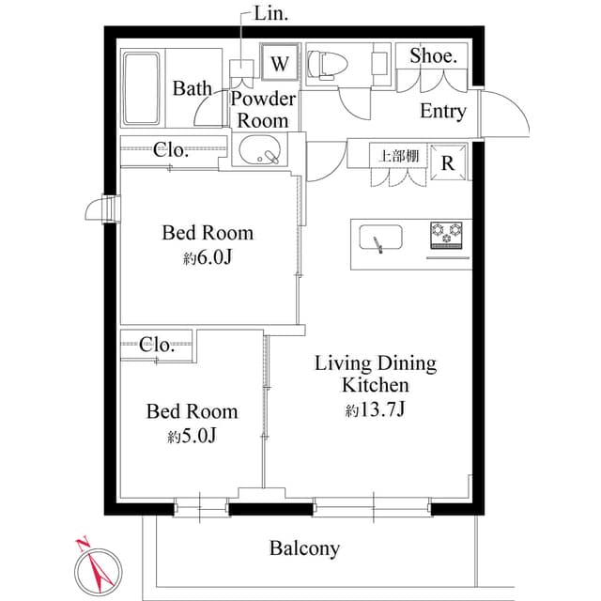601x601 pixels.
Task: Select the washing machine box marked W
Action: (x=280, y=64)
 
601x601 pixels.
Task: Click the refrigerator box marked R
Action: (x=449, y=162)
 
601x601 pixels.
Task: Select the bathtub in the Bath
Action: (x=143, y=90)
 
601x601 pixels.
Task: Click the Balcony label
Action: (x=304, y=547)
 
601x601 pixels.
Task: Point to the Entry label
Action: (x=442, y=111)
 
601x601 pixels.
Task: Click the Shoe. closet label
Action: (x=433, y=56)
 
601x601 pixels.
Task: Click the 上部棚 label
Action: (x=398, y=156)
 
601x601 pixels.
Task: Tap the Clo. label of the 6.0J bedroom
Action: (x=172, y=148)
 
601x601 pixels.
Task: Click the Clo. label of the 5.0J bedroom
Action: (x=157, y=344)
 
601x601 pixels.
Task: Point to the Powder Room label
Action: (x=263, y=109)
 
